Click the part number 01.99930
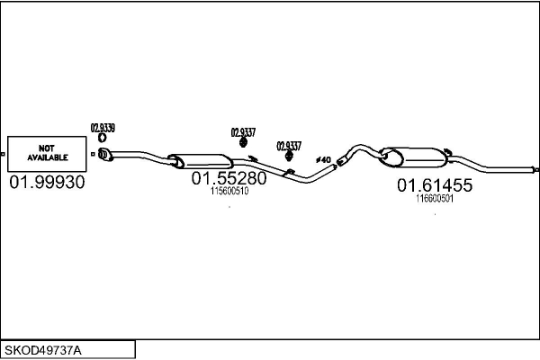[47, 182]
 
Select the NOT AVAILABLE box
[47, 154]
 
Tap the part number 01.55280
[229, 178]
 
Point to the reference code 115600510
[229, 191]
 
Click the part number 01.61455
[435, 185]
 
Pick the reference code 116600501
[435, 199]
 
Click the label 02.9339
[103, 128]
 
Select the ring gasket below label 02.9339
[102, 138]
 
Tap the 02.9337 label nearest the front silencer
[243, 132]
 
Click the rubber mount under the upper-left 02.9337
[243, 142]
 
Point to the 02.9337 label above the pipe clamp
[289, 146]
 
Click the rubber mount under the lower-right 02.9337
[289, 156]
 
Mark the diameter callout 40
[323, 160]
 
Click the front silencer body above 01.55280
[201, 161]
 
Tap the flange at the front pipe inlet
[104, 154]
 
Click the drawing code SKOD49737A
[43, 351]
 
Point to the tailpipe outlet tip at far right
[536, 170]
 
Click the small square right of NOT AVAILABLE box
[93, 154]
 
